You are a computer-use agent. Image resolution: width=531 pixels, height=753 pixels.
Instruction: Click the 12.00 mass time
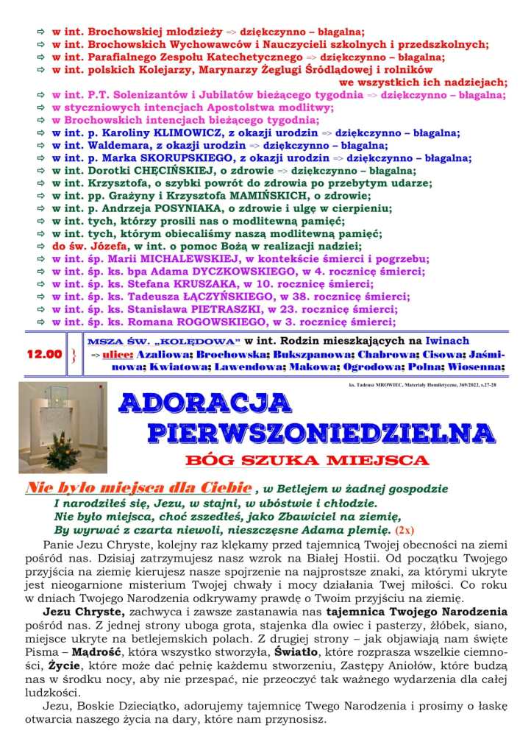click(44, 354)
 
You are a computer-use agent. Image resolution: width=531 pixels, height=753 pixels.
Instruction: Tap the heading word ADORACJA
click(205, 403)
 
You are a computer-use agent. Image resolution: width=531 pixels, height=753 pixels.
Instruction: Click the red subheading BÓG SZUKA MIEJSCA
click(308, 461)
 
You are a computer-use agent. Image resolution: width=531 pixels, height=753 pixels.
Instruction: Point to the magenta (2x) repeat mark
click(405, 530)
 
